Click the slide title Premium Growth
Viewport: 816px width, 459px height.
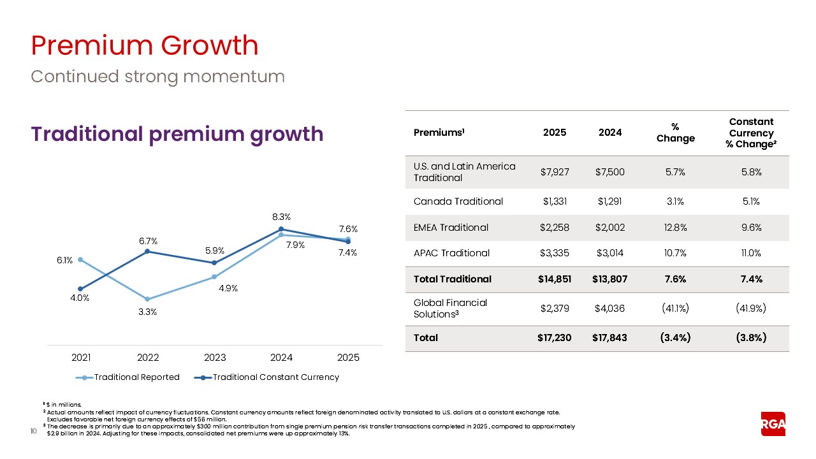(x=145, y=46)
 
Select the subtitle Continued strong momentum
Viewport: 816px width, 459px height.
(x=157, y=76)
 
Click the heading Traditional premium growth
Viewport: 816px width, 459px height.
(x=177, y=134)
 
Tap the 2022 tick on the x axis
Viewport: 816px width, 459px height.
(x=148, y=358)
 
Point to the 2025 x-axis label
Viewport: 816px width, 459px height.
(x=348, y=358)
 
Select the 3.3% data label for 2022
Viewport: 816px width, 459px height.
(x=148, y=312)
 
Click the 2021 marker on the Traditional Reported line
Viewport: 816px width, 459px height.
(x=80, y=259)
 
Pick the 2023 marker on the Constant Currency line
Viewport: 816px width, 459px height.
(x=214, y=263)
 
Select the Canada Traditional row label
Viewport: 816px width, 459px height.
(x=458, y=201)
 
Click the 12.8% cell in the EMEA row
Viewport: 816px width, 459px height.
(x=675, y=228)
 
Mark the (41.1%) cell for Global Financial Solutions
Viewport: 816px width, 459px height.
(x=675, y=309)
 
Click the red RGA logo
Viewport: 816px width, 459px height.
(x=773, y=423)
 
